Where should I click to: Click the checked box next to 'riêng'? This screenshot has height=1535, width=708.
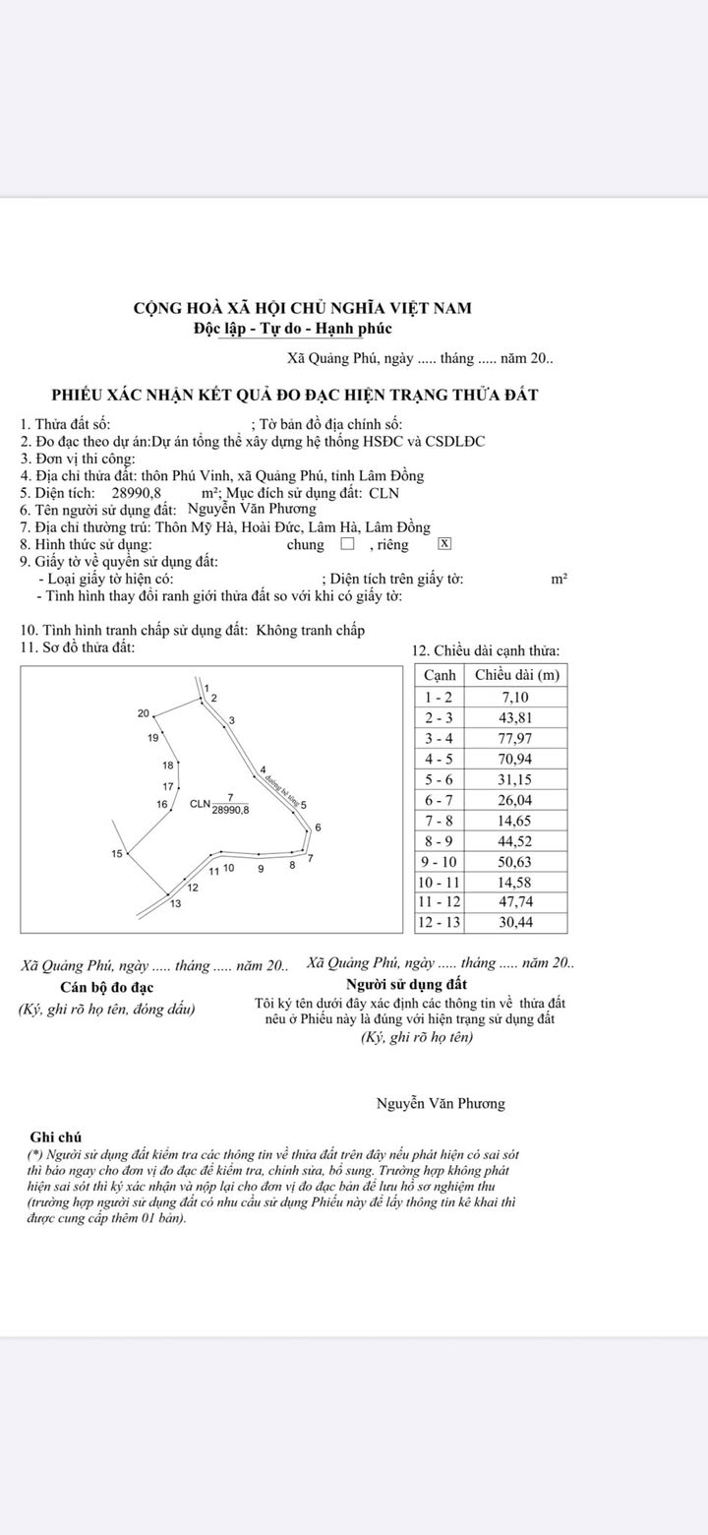pyautogui.click(x=444, y=544)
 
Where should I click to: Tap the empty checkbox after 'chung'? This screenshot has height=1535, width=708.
pyautogui.click(x=346, y=544)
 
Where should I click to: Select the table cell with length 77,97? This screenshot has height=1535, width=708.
pyautogui.click(x=517, y=738)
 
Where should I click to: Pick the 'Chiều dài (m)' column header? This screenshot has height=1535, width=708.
pyautogui.click(x=517, y=675)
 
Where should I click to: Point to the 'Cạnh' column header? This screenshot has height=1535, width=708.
pyautogui.click(x=440, y=675)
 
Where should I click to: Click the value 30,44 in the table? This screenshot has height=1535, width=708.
pyautogui.click(x=517, y=923)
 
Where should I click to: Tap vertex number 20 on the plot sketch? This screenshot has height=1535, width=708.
pyautogui.click(x=144, y=713)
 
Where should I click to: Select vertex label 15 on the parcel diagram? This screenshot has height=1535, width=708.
pyautogui.click(x=118, y=853)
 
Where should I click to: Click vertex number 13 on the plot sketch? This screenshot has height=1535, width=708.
pyautogui.click(x=175, y=903)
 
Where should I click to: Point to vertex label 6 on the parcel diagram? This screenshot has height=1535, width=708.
pyautogui.click(x=319, y=827)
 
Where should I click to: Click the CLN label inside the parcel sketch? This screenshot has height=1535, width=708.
pyautogui.click(x=200, y=804)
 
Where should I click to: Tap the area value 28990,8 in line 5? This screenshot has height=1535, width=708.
pyautogui.click(x=137, y=492)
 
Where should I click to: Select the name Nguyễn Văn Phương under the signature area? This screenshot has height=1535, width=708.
pyautogui.click(x=441, y=1103)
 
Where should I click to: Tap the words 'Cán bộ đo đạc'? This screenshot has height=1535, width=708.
pyautogui.click(x=106, y=987)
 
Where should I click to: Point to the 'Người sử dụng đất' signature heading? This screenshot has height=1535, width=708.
pyautogui.click(x=407, y=984)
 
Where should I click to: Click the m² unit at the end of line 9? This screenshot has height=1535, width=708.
pyautogui.click(x=559, y=580)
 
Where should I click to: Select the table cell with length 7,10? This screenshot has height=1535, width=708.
pyautogui.click(x=517, y=697)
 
